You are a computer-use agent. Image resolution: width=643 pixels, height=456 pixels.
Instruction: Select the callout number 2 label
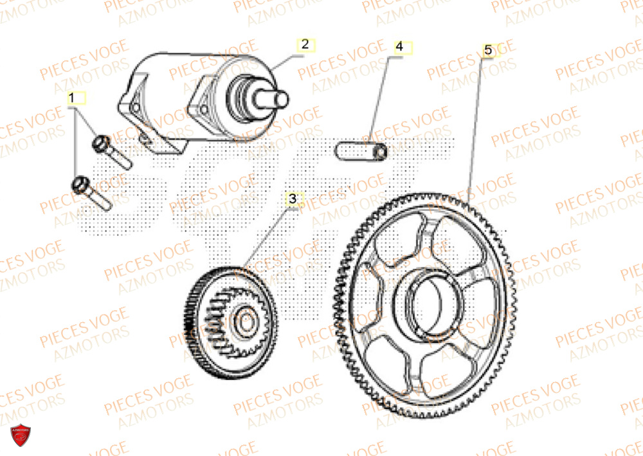pyautogui.click(x=305, y=44)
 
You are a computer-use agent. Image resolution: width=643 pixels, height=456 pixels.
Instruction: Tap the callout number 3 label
pyautogui.click(x=293, y=199)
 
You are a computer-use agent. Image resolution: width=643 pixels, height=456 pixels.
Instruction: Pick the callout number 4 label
pyautogui.click(x=399, y=47)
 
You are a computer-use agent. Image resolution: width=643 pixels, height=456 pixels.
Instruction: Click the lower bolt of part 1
pyautogui.click(x=94, y=192)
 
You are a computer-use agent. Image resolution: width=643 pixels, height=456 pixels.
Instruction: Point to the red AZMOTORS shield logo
pyautogui.click(x=21, y=435)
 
